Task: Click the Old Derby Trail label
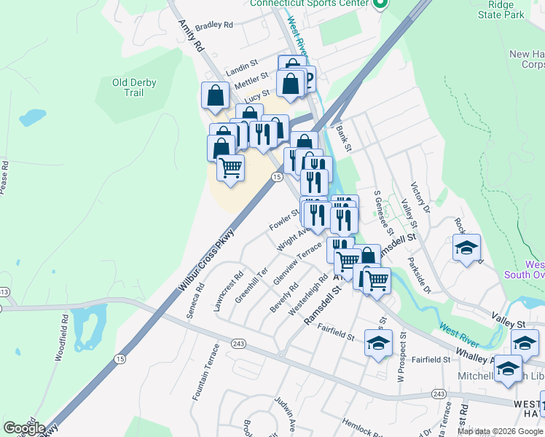(x=134, y=87)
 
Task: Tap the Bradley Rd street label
(x=213, y=25)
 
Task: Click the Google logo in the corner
(x=23, y=428)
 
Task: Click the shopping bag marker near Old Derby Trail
(x=216, y=95)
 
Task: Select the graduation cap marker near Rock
(x=466, y=248)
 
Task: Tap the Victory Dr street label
(x=420, y=198)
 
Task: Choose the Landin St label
(x=242, y=69)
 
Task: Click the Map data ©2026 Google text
(x=500, y=431)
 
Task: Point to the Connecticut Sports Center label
(x=309, y=3)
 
